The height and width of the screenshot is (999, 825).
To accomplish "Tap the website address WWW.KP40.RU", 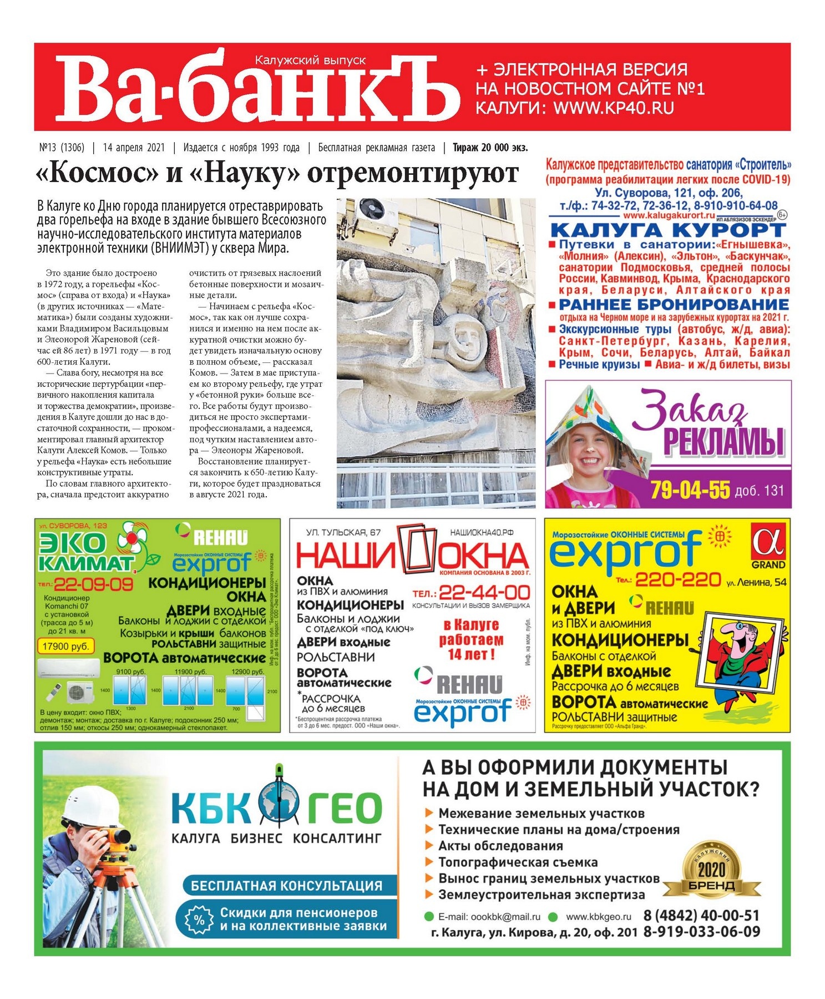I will [613, 108].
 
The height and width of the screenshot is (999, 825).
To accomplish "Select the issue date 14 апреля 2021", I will [134, 148].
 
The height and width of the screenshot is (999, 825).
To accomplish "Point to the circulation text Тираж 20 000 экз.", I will [490, 148].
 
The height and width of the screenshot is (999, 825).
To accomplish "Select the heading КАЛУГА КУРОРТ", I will [668, 230].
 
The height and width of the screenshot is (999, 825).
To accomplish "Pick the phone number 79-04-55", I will [690, 490].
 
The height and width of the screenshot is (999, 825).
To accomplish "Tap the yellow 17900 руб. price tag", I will [65, 646].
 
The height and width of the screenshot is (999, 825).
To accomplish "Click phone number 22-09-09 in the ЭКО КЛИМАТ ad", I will [93, 584].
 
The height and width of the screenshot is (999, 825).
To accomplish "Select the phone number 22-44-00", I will [484, 592].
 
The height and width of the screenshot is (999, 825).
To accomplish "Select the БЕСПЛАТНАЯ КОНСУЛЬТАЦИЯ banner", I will [286, 885].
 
